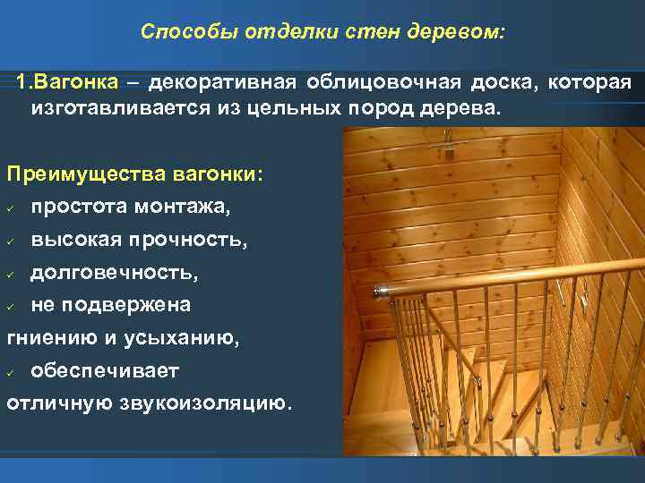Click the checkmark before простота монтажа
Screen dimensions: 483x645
[11, 208]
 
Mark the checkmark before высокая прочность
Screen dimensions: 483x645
[11, 241]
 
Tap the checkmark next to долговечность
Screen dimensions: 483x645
[11, 274]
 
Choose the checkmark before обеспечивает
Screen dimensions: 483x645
[11, 371]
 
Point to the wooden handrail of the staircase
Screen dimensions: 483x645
[502, 279]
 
